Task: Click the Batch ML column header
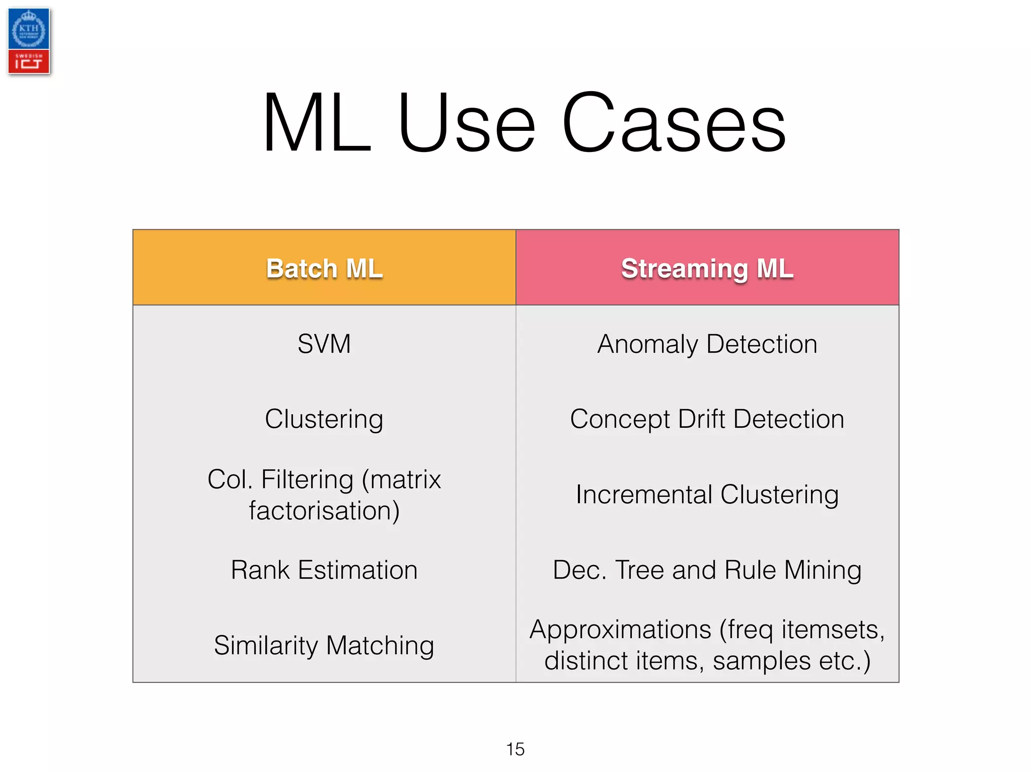pos(324,268)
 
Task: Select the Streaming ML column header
pos(707,268)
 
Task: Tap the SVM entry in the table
pos(324,344)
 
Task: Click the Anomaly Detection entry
pos(707,345)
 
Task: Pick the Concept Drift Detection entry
pos(707,419)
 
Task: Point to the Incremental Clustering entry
pos(707,495)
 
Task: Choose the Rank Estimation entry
pos(324,570)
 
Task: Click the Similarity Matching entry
pos(324,646)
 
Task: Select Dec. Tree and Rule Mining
pos(707,570)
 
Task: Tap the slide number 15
pos(515,749)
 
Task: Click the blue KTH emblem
pos(29,29)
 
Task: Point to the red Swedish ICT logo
pos(29,62)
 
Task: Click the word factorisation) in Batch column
pos(324,511)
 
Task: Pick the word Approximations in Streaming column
pos(620,630)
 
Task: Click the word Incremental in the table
pos(643,495)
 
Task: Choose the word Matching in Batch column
pos(380,646)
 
